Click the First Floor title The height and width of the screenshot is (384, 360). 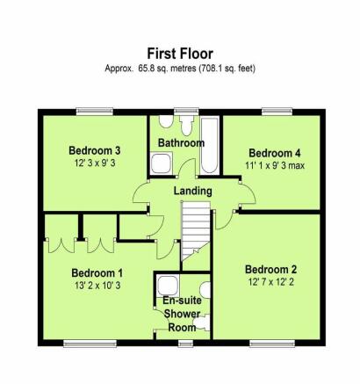180,54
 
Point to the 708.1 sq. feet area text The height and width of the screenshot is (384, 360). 227,69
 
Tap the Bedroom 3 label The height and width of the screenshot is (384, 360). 95,150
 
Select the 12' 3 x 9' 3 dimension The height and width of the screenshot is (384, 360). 95,163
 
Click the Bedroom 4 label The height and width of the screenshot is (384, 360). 275,153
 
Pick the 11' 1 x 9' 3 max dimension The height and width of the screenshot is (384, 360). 275,165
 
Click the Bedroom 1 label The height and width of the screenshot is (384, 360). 97,273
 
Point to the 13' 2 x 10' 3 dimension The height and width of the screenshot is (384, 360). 97,286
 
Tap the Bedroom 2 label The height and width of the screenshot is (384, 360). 270,270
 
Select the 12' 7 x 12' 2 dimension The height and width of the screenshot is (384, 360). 271,282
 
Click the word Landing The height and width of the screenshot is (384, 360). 193,192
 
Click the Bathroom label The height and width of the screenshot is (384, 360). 181,143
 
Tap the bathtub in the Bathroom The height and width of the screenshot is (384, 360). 210,146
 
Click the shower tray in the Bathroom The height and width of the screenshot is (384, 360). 162,163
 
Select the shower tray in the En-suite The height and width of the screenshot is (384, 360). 168,286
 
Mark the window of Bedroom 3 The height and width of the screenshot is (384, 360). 95,112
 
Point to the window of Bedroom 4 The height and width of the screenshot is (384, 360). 277,112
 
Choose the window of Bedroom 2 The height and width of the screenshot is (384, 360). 272,344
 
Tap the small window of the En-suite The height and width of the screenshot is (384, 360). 185,344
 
